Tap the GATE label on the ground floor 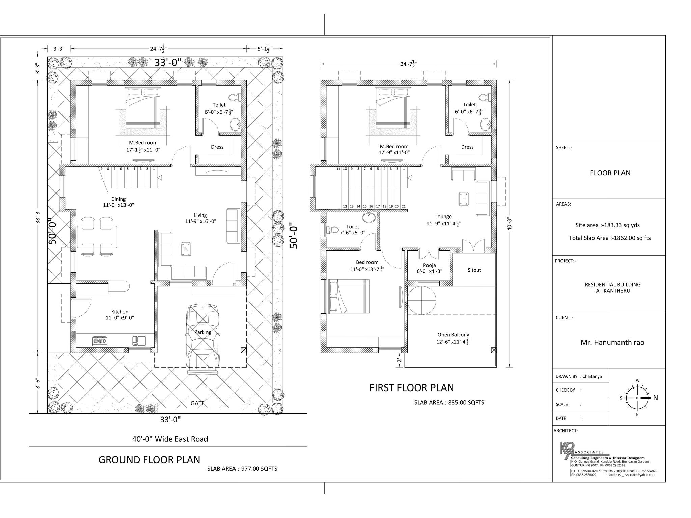pos(197,403)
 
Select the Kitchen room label pos(120,312)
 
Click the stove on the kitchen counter pos(100,341)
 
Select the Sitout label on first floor pos(474,270)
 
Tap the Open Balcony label pos(453,335)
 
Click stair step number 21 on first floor pos(404,206)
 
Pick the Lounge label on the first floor pos(443,217)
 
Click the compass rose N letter pos(656,398)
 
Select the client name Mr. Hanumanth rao pos(612,343)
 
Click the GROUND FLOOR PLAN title pos(149,460)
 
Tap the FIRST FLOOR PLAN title pos(412,388)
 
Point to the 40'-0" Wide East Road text pos(170,439)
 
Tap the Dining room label pos(118,199)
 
